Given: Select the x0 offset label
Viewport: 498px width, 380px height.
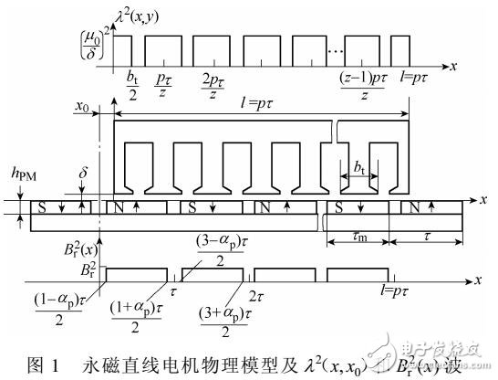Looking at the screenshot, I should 82,107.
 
